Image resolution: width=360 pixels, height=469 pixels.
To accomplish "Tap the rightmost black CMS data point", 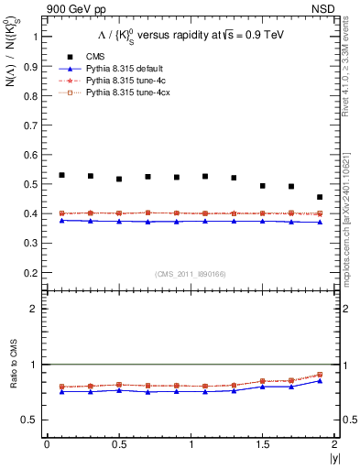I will coord(320,197).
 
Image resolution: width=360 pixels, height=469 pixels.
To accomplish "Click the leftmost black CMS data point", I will coord(61,175).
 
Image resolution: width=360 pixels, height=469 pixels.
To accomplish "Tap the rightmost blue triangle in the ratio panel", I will coord(320,380).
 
